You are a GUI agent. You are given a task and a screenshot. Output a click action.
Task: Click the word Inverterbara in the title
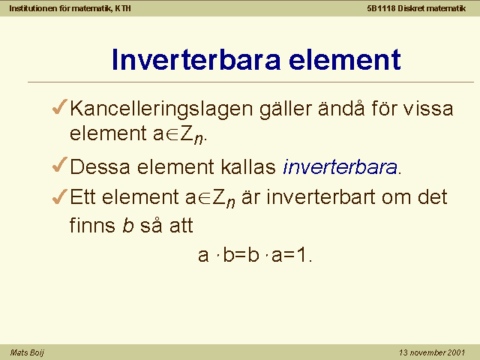click(196, 59)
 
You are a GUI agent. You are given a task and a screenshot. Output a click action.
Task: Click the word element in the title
click(345, 59)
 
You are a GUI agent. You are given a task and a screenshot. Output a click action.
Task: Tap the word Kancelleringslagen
click(161, 109)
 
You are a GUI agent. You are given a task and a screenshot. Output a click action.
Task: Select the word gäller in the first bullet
click(285, 109)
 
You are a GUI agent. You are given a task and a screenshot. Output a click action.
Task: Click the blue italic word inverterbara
click(340, 166)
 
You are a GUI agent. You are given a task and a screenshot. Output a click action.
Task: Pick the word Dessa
click(100, 166)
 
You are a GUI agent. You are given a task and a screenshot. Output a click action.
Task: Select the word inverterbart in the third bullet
click(321, 196)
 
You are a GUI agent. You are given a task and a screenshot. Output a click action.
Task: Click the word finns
click(92, 225)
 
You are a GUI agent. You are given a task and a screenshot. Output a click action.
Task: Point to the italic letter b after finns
click(128, 225)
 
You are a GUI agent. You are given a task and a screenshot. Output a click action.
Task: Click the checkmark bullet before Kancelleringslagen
click(59, 106)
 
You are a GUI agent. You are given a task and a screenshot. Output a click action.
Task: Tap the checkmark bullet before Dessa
click(59, 164)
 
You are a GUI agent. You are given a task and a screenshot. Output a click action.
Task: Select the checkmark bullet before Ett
click(59, 196)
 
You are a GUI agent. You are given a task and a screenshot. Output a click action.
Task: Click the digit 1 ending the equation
click(301, 255)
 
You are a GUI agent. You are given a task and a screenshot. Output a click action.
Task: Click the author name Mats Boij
click(27, 352)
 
